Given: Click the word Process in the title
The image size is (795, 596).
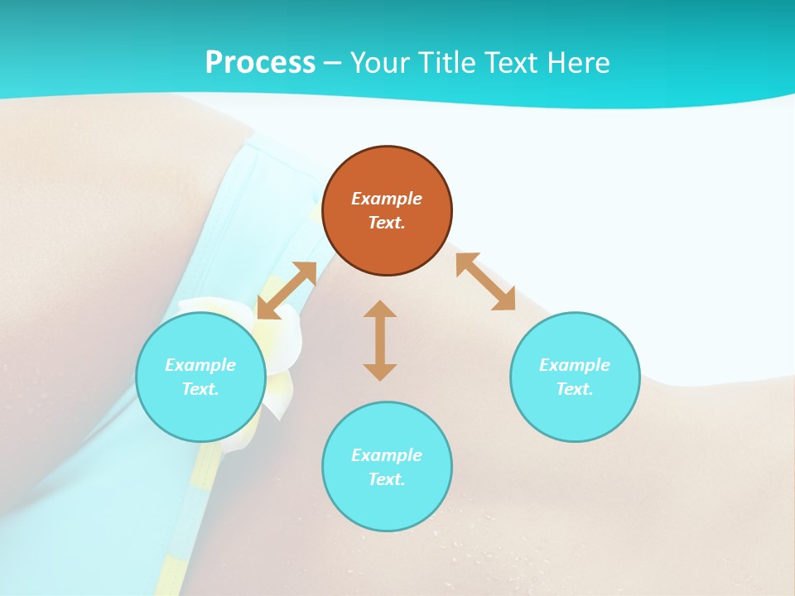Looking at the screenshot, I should tap(260, 63).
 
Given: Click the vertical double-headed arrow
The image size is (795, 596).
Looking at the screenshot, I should tap(380, 341).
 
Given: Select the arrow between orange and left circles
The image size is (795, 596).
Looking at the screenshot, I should tap(287, 291).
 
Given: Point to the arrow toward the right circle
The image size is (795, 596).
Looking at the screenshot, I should tap(486, 282).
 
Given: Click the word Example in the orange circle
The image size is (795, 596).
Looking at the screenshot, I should tap(387, 199).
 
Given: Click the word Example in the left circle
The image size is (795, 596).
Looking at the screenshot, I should tap(200, 365).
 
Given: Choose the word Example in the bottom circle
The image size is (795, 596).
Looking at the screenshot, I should tap(387, 455).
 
